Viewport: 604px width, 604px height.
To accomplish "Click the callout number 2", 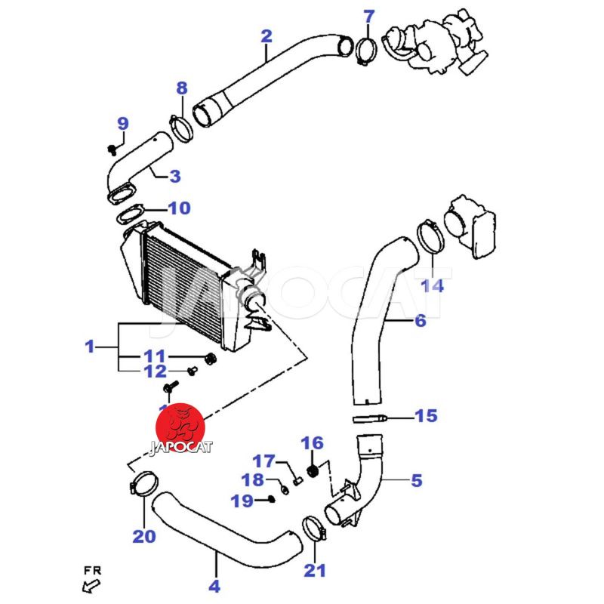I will [x=266, y=35].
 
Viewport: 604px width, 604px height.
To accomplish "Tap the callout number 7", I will [x=368, y=16].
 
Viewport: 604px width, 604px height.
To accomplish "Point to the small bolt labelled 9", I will [x=112, y=146].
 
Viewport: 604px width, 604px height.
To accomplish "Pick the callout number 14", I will [x=433, y=285].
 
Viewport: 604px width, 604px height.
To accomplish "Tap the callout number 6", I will [x=420, y=321].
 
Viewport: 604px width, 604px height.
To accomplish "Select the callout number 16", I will [x=312, y=443].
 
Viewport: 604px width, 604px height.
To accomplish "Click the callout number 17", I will [x=263, y=461].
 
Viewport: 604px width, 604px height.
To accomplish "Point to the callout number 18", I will [x=252, y=479].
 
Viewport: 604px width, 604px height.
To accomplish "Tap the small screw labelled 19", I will [x=270, y=499].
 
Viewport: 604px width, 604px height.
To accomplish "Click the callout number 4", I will [x=214, y=585].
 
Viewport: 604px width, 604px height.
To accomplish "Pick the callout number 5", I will [x=417, y=479].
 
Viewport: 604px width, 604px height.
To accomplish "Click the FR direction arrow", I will [x=92, y=584].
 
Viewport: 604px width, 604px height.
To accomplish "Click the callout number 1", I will [x=90, y=347].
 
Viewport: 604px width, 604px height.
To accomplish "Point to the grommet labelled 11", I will [x=211, y=356].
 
